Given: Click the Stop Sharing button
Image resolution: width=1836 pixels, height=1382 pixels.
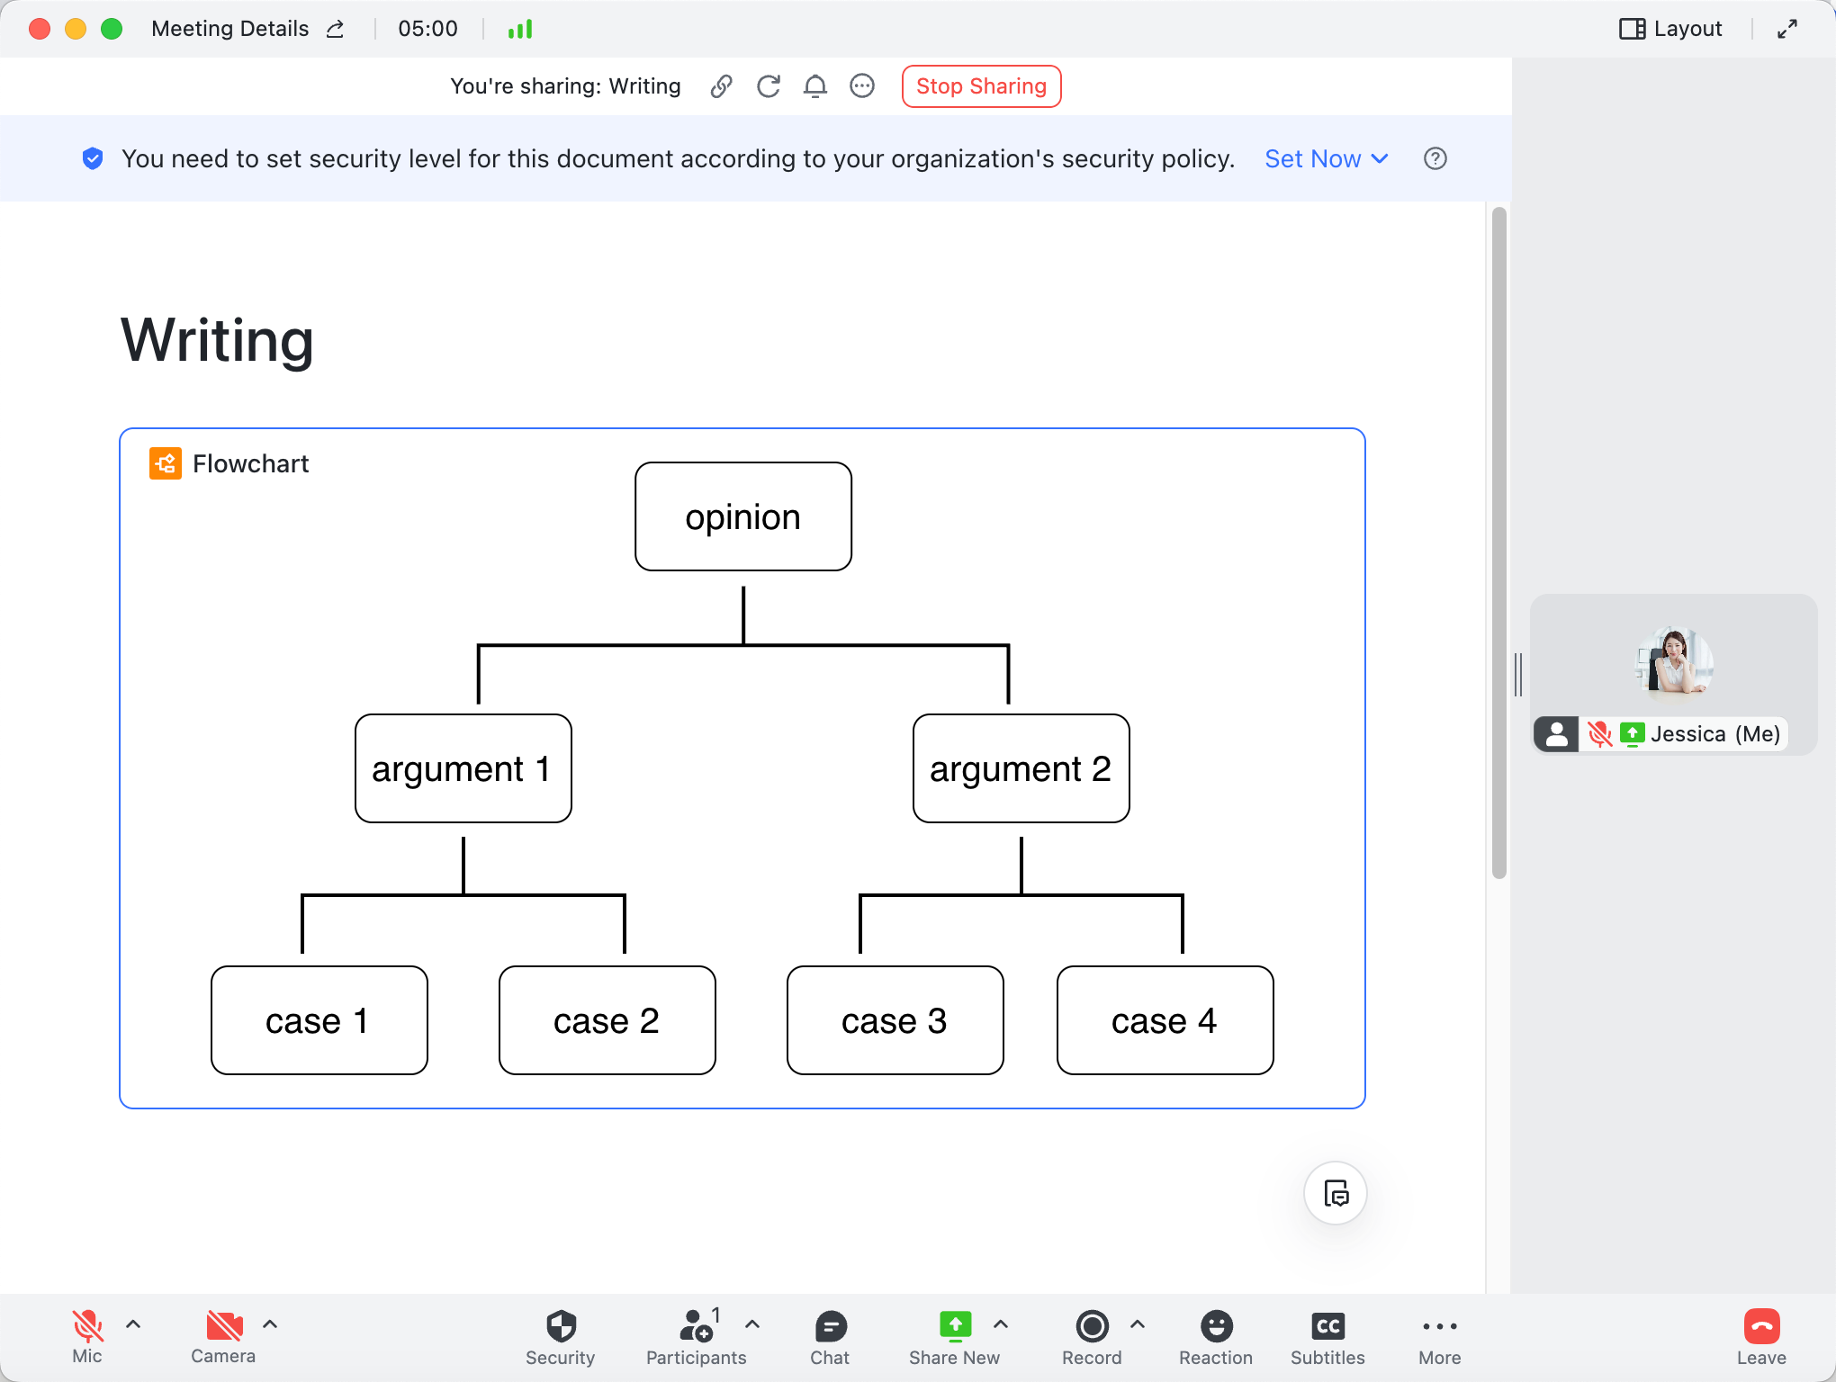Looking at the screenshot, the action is point(981,86).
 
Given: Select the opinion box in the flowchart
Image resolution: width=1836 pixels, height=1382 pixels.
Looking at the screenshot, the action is point(743,516).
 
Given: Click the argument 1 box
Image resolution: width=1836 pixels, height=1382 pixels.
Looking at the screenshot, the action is point(463,768).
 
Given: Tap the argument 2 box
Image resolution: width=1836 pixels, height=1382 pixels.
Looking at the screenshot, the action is point(1021,768).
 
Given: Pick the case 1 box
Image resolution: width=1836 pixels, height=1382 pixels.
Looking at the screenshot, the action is point(319,1020).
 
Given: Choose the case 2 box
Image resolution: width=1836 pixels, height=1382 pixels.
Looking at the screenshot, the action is point(607,1020).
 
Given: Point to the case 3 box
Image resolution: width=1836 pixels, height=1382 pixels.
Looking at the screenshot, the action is point(895,1020).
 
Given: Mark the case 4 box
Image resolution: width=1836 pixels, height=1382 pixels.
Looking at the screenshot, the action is point(1165,1020).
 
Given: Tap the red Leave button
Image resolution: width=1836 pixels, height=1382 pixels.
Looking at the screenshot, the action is point(1761,1326).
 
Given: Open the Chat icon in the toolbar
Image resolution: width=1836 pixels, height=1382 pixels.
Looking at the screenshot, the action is point(831,1326).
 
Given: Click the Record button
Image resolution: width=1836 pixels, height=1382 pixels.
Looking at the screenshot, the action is point(1093,1326).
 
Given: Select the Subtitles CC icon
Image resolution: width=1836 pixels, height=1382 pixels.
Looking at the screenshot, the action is point(1328,1326).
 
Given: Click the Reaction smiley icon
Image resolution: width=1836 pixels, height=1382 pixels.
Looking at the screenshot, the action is point(1217,1326).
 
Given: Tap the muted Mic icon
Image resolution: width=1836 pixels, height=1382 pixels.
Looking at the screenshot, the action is point(87,1326).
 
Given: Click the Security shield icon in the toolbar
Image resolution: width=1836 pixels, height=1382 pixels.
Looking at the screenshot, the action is point(561,1326).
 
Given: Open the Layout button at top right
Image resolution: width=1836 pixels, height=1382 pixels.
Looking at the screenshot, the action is point(1670,29).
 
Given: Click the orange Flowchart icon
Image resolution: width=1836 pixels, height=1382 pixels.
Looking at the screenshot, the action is point(166,463).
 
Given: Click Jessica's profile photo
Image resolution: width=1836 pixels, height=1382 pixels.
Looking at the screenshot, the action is point(1674,663).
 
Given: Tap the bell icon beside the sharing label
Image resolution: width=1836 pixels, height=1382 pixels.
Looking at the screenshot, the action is point(815,86).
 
